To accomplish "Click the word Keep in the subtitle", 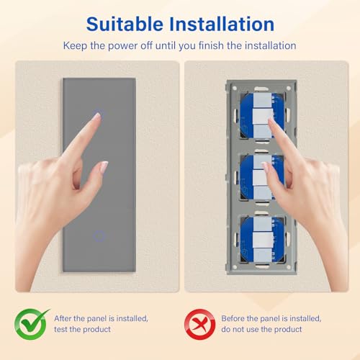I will [x=76, y=45].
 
